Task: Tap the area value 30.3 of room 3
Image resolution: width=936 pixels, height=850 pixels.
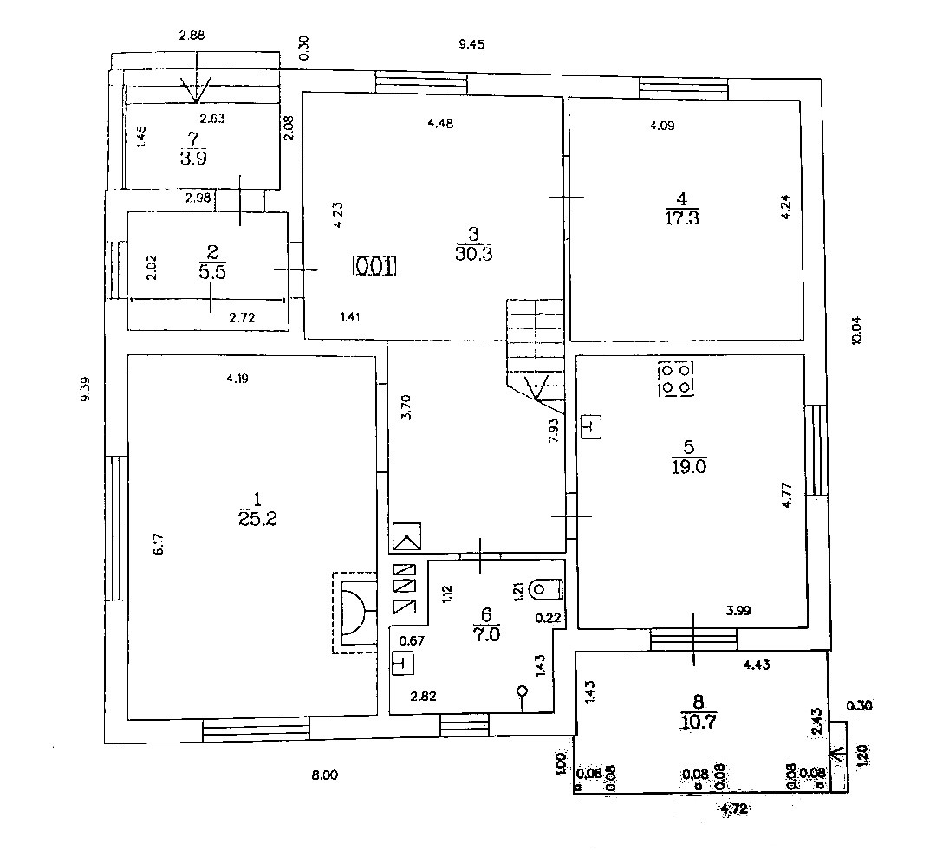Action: (x=472, y=253)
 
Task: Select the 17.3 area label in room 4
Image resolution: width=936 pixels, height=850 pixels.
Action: (x=682, y=217)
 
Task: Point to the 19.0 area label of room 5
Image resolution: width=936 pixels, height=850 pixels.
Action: (x=689, y=467)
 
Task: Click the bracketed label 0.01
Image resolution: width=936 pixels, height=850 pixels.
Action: (x=374, y=266)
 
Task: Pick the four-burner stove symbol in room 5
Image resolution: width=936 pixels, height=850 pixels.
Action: (x=676, y=379)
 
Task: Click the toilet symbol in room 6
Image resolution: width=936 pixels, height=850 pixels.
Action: (x=546, y=590)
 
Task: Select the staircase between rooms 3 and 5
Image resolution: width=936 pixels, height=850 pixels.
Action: (x=535, y=347)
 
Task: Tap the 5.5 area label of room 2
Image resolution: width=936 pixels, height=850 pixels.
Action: (x=211, y=269)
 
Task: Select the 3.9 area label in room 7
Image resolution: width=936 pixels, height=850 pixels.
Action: (x=192, y=158)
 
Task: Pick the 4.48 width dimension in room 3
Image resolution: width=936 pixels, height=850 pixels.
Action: (x=440, y=123)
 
